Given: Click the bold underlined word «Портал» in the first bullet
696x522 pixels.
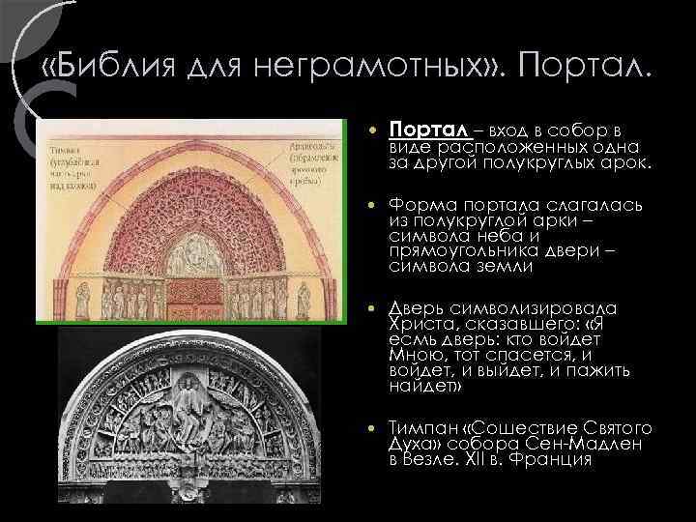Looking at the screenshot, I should click(x=427, y=130).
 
